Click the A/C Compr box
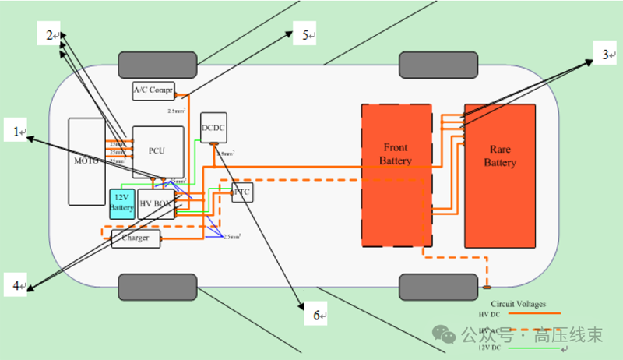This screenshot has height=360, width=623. pyautogui.click(x=153, y=90)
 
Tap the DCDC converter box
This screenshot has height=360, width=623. pyautogui.click(x=213, y=127)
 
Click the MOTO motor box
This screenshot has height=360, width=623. pyautogui.click(x=86, y=161)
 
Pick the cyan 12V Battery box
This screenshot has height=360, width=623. pyautogui.click(x=121, y=203)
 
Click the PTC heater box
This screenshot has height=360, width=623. pyautogui.click(x=242, y=192)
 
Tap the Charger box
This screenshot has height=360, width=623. pyautogui.click(x=136, y=238)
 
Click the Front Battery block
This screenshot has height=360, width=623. pyautogui.click(x=396, y=175)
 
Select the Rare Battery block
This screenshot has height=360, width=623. pyautogui.click(x=500, y=175)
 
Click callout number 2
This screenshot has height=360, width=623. pyautogui.click(x=49, y=35)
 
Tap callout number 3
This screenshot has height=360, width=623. pyautogui.click(x=604, y=55)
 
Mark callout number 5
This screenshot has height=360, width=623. pyautogui.click(x=306, y=35)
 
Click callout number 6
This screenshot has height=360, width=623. pyautogui.click(x=316, y=316)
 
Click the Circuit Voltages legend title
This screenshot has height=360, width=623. pyautogui.click(x=518, y=304)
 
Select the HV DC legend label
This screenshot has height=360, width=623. pyautogui.click(x=489, y=313)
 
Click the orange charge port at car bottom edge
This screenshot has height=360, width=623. pyautogui.click(x=486, y=287)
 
